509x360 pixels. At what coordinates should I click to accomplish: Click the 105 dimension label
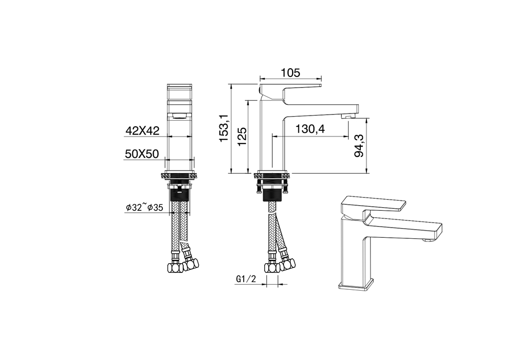pos(290,72)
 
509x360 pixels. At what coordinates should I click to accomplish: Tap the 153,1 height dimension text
pos(223,128)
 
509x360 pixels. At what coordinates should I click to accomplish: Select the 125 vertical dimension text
pos(242,136)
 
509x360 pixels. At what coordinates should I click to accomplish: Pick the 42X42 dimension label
pos(143,131)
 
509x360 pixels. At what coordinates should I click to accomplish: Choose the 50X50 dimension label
pos(143,154)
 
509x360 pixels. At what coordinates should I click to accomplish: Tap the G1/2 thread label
pos(245,280)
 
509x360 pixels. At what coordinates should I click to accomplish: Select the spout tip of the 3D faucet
pos(433,232)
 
